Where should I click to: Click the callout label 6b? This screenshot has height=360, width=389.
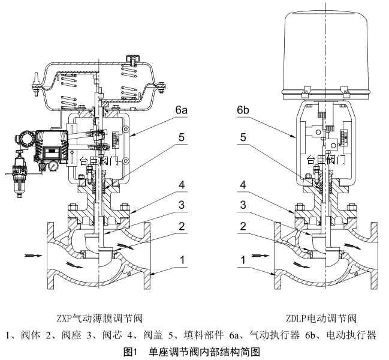[x=243, y=111]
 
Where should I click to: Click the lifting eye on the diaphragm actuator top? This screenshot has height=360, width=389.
[x=133, y=59]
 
